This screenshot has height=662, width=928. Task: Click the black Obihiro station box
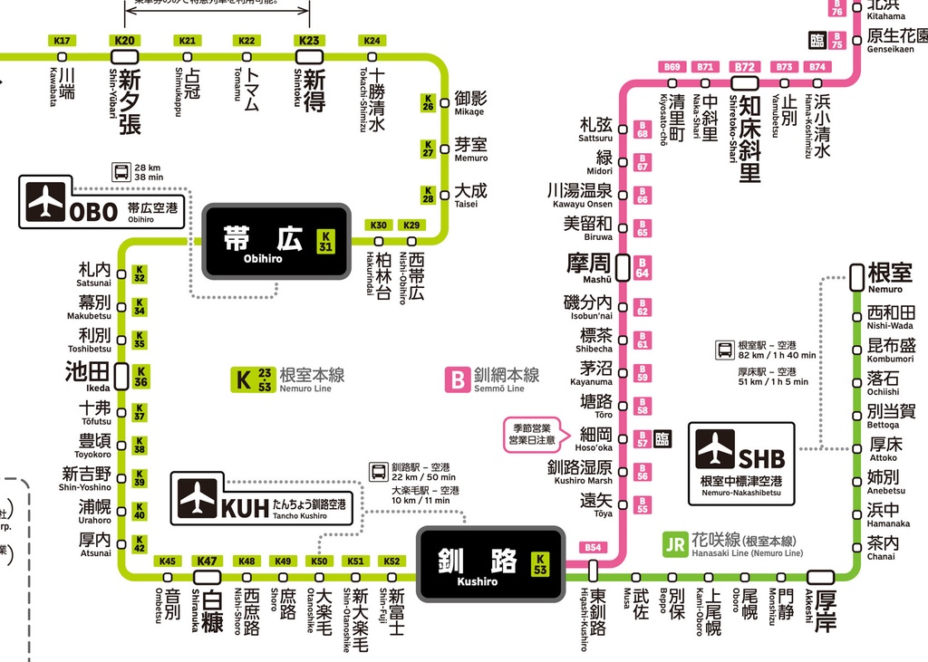(x=275, y=241)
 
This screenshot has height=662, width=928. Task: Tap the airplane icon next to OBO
(x=46, y=203)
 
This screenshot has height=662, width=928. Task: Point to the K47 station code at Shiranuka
(x=208, y=561)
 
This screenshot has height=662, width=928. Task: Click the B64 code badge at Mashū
(x=643, y=268)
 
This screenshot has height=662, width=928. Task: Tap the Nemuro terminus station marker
(x=857, y=276)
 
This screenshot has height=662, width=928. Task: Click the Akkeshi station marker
(x=821, y=577)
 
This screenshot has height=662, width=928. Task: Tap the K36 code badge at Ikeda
(x=140, y=377)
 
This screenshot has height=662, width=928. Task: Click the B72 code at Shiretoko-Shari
(x=745, y=67)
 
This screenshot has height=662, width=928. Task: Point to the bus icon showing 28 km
(x=121, y=172)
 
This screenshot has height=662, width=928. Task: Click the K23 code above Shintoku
(x=309, y=41)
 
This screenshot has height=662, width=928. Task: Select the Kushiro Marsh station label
(x=580, y=471)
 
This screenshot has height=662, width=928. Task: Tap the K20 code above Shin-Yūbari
(x=125, y=41)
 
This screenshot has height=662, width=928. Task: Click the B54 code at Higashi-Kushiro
(x=593, y=548)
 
